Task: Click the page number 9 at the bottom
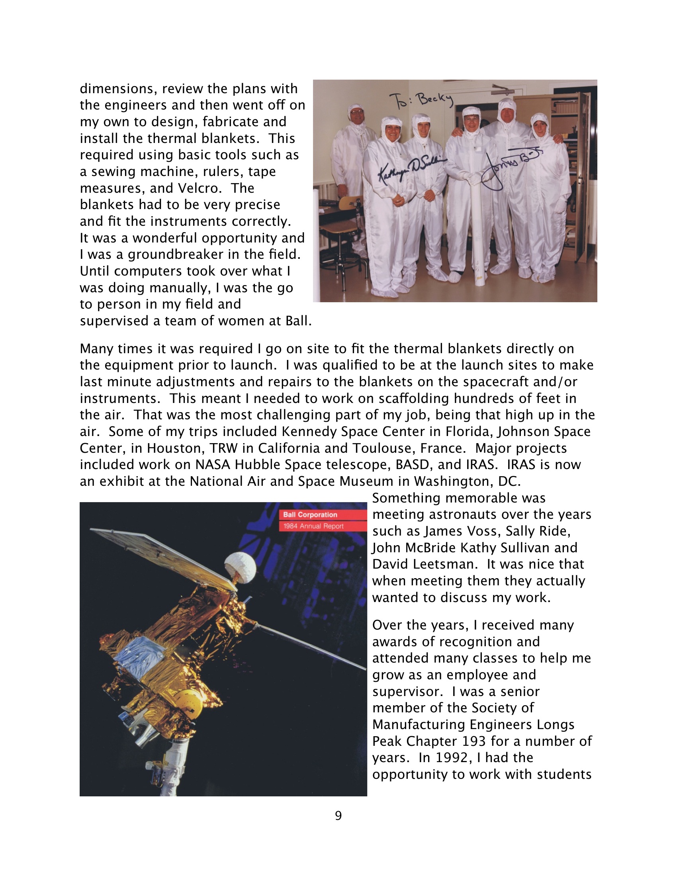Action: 338,815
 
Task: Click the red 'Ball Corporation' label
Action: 310,514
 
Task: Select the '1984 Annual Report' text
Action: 313,526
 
